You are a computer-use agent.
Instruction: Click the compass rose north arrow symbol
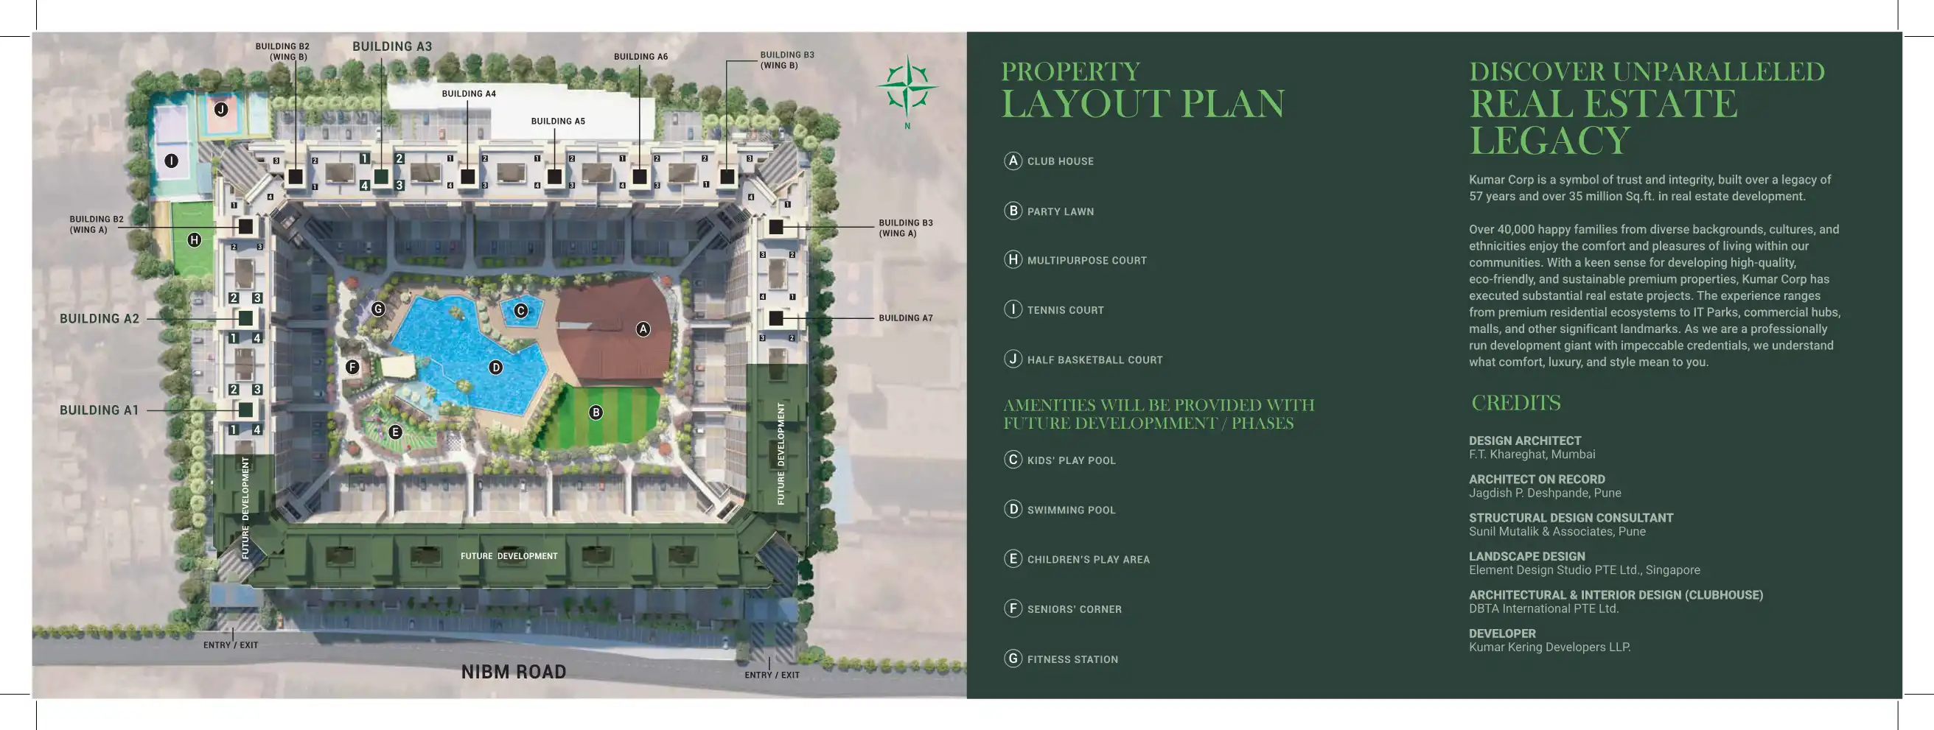(907, 89)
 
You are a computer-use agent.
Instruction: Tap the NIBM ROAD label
(514, 672)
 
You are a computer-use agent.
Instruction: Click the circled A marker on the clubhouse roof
(643, 329)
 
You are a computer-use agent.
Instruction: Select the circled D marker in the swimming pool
(495, 367)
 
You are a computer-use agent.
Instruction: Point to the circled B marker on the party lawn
(596, 412)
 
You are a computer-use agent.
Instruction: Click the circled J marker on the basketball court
(220, 110)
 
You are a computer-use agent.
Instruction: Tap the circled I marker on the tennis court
(171, 161)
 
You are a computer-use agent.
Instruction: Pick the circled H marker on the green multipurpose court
(195, 240)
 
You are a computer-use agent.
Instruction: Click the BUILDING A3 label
(392, 46)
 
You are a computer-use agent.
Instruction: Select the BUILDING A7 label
(905, 318)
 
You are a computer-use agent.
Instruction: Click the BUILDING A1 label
(99, 410)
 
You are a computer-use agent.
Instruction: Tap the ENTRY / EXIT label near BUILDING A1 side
(231, 645)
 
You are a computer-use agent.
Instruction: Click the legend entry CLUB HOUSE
(1059, 161)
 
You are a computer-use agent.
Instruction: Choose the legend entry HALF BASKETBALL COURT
(1094, 360)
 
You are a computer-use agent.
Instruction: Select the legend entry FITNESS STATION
(1072, 659)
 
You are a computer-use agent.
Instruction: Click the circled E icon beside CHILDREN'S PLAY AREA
(1013, 559)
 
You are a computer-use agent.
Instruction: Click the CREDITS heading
(1515, 403)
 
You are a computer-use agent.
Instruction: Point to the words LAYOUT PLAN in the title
(1142, 105)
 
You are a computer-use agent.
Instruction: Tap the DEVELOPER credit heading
(1501, 634)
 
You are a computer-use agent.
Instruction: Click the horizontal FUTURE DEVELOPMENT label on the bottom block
(509, 556)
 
